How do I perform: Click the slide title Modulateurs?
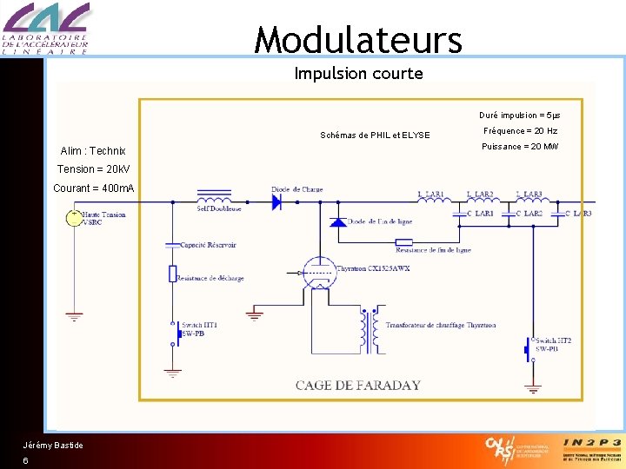click(x=358, y=40)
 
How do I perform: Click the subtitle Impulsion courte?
click(x=358, y=74)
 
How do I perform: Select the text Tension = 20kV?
click(x=93, y=168)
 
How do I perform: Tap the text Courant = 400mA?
click(x=94, y=188)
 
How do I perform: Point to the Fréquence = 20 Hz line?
click(x=520, y=131)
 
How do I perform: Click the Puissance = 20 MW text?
click(x=519, y=147)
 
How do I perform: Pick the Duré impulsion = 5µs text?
click(x=519, y=116)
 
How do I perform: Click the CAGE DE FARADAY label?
click(x=357, y=385)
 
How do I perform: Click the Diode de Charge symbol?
click(x=277, y=202)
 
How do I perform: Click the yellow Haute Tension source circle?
click(x=75, y=218)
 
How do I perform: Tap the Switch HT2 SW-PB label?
click(x=553, y=345)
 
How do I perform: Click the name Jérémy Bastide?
click(x=53, y=446)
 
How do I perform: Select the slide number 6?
click(x=26, y=461)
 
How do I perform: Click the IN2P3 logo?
click(x=591, y=449)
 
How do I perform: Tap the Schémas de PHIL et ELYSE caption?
click(x=375, y=135)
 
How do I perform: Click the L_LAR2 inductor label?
click(x=480, y=194)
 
